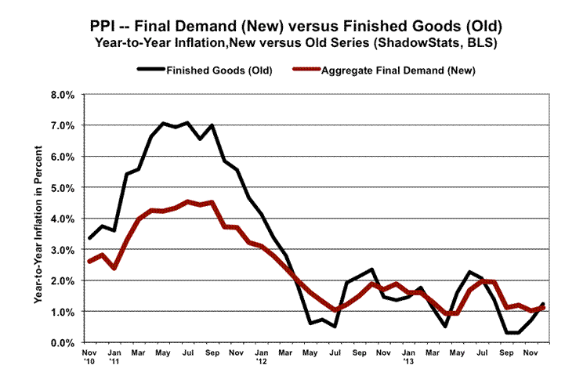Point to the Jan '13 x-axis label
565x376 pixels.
[409, 358]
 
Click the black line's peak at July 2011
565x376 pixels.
[188, 122]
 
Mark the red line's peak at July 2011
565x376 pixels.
[188, 201]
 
